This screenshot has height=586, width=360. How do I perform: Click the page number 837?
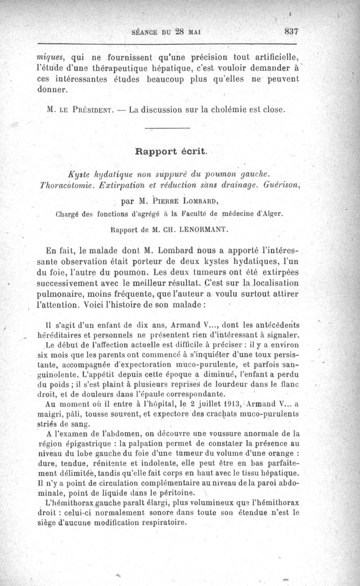tap(292, 32)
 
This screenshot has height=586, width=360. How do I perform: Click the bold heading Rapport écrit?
tap(171, 152)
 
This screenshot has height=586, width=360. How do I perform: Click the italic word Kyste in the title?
tap(77, 173)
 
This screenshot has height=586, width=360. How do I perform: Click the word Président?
tap(90, 110)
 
